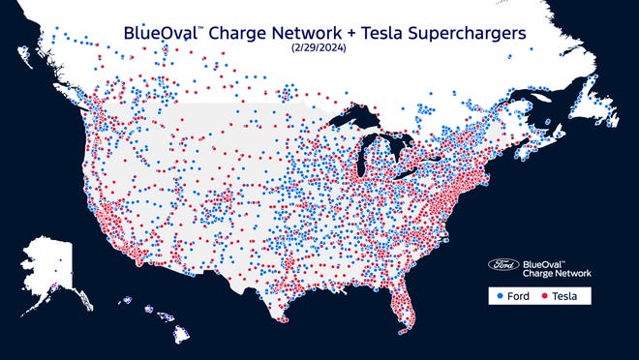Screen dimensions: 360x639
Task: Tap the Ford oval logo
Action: (x=503, y=264)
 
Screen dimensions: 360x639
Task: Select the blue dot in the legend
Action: (x=500, y=295)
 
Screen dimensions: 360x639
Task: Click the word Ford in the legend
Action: (x=517, y=295)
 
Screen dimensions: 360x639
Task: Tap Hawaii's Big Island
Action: (x=181, y=336)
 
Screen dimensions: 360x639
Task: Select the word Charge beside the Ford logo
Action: (x=538, y=274)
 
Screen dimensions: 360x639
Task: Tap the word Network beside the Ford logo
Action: (x=574, y=274)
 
